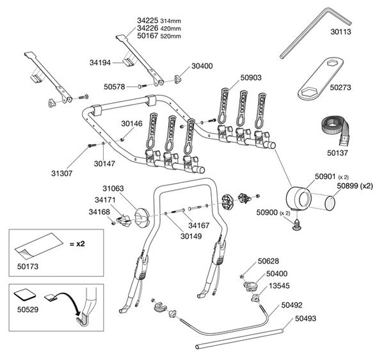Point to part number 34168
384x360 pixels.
tap(99, 212)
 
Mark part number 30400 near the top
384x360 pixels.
tap(202, 67)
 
